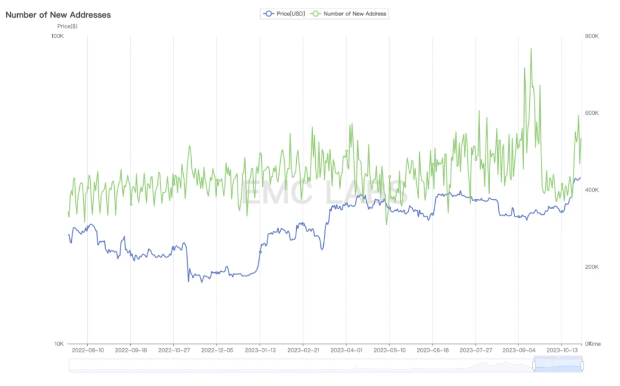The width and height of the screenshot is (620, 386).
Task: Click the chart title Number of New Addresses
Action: pos(58,15)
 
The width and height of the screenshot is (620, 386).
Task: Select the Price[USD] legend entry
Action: pos(284,13)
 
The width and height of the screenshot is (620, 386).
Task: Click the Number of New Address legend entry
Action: pos(349,13)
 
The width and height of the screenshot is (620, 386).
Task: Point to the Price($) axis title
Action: pos(67,26)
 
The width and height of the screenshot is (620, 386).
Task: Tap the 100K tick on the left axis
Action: pos(57,36)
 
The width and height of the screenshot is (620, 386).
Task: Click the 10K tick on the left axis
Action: pos(59,343)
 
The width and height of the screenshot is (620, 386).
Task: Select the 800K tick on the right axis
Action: pos(592,36)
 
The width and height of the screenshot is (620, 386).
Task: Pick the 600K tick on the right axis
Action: pos(592,113)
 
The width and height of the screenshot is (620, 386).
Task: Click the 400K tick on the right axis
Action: pos(592,190)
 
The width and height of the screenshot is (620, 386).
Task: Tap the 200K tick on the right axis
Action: pos(592,267)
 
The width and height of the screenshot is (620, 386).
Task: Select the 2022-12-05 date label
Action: pos(217,349)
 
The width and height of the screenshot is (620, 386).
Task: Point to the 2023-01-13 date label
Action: pos(260,349)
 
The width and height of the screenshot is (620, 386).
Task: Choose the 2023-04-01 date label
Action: pos(346,349)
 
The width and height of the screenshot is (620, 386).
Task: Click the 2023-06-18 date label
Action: pos(432,349)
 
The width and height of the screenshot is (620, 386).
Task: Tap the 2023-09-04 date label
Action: pos(518,349)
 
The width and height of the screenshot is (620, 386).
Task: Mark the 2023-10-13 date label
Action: pos(561,349)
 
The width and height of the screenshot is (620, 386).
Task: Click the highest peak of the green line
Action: pos(530,49)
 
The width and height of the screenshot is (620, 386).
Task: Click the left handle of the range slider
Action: pos(534,365)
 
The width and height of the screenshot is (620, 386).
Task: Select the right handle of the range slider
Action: pos(582,365)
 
